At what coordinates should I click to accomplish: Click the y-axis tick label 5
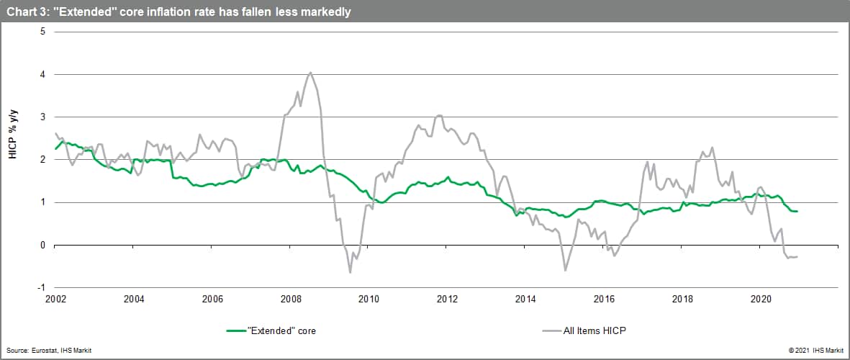pos(42,32)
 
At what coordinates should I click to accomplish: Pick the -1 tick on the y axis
pos(41,287)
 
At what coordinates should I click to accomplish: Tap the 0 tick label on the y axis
pos(42,245)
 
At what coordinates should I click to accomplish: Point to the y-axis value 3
pos(42,117)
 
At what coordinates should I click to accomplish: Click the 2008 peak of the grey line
pos(310,72)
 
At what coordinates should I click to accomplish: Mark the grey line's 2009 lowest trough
pos(350,272)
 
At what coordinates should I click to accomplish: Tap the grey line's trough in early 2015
pos(565,270)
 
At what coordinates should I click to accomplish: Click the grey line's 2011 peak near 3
pos(439,115)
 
